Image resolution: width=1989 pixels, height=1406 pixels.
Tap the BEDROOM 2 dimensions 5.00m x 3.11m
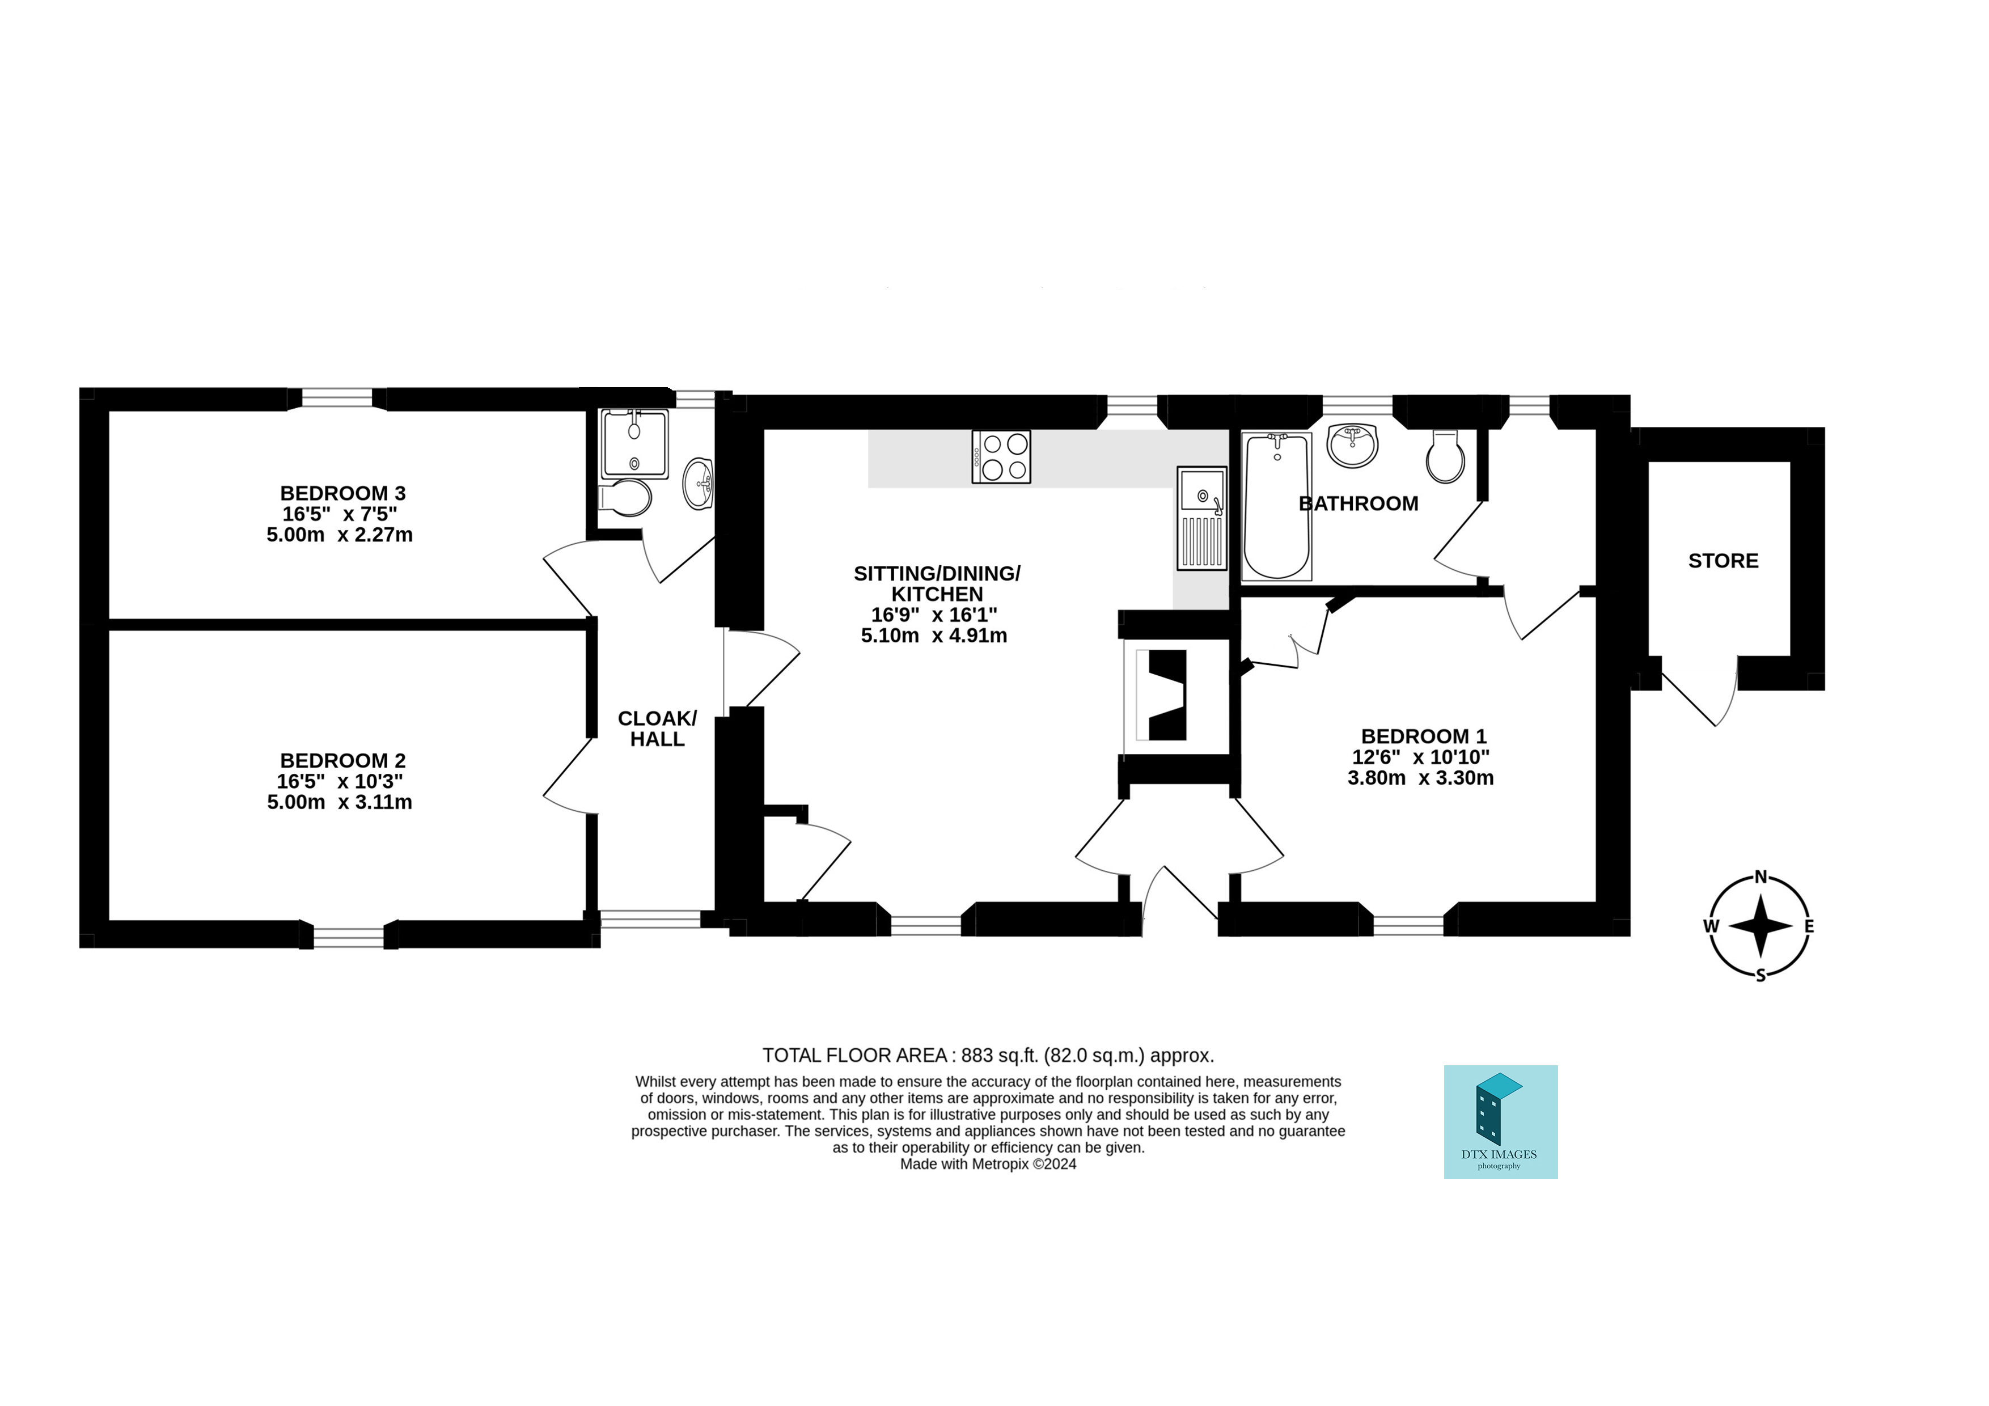pyautogui.click(x=340, y=802)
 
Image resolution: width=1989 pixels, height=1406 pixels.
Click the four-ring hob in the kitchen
pyautogui.click(x=1001, y=456)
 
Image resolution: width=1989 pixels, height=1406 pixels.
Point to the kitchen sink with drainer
pyautogui.click(x=1201, y=519)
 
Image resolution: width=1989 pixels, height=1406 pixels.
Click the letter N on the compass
pyautogui.click(x=1761, y=876)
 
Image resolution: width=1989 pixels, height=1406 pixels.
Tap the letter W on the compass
pyautogui.click(x=1711, y=926)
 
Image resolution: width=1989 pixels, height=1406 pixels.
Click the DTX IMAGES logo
pyautogui.click(x=1500, y=1122)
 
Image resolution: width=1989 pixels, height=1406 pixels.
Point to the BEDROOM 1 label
pyautogui.click(x=1423, y=736)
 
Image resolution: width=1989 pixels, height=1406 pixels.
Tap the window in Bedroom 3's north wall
pyautogui.click(x=336, y=397)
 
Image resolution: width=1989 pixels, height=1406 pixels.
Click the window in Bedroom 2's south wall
pyautogui.click(x=348, y=937)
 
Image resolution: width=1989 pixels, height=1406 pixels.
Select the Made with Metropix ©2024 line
pyautogui.click(x=988, y=1164)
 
